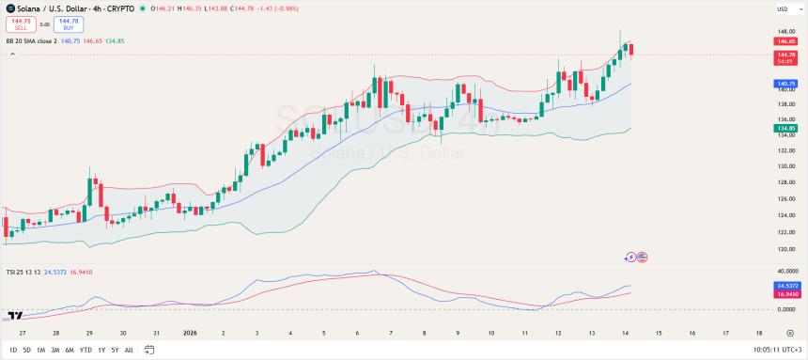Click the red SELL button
20,23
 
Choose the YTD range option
85,350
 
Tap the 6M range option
69,350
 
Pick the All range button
129,350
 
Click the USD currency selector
782,9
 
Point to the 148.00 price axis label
785,30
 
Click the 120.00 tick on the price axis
785,248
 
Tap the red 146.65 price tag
785,41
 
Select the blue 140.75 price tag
785,83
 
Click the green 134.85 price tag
785,127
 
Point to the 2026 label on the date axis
190,333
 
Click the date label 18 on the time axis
759,333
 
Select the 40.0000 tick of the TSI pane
787,271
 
